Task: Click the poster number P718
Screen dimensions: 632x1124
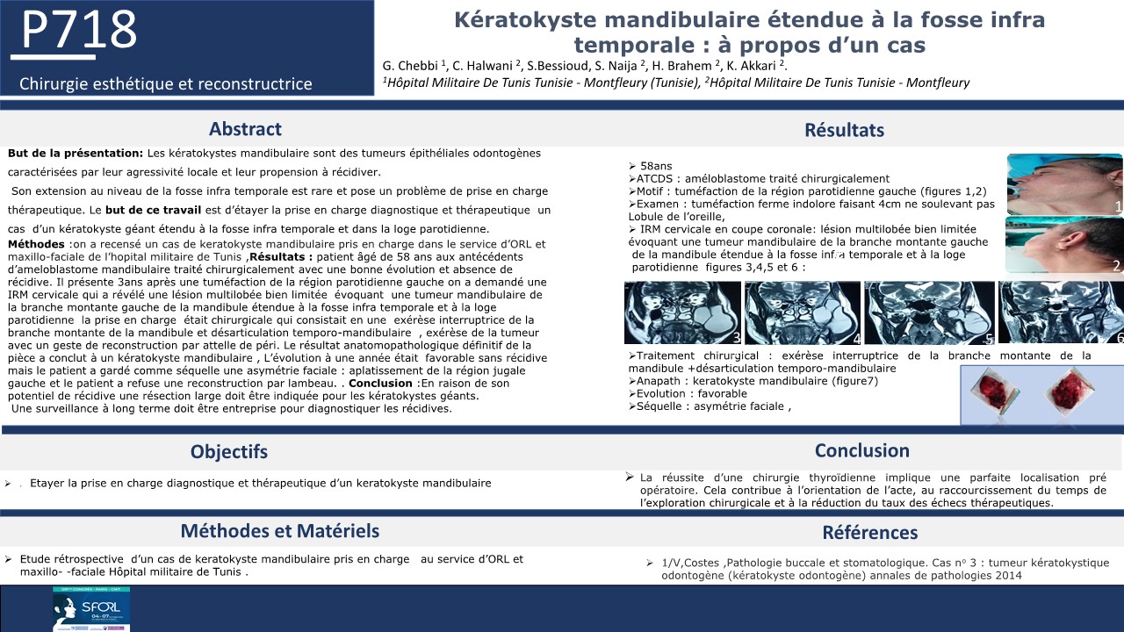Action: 79,31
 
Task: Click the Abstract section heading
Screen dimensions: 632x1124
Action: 245,129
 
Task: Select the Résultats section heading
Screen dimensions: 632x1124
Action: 844,131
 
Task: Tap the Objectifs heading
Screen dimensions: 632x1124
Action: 229,452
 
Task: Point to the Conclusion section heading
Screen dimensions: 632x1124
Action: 861,450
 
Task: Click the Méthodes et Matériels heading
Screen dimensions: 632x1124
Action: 280,530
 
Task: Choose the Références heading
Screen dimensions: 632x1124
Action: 869,532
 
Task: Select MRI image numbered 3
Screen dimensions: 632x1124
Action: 682,312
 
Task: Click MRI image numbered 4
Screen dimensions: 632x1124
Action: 803,312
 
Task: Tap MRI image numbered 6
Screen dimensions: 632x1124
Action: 1061,312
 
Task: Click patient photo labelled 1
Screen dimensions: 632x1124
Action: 1063,184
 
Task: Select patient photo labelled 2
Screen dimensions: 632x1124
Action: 1063,247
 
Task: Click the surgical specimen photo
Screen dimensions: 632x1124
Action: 1041,394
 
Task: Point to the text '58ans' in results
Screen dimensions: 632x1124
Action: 656,166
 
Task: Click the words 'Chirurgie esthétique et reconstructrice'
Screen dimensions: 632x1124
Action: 166,84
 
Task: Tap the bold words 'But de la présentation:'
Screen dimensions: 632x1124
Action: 75,153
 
